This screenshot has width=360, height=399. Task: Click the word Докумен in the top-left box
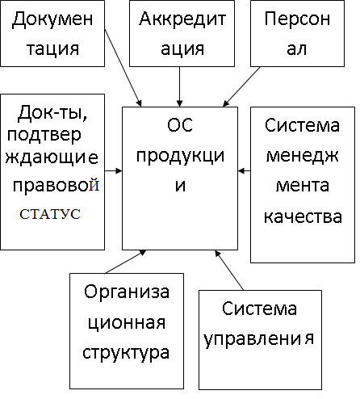coord(52,19)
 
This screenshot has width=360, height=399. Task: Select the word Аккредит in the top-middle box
coord(182,19)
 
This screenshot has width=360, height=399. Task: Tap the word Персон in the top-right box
coord(297,19)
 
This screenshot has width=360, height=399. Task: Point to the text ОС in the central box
coord(180,125)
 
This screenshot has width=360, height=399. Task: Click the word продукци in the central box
coord(180,156)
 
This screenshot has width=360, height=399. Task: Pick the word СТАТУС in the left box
coord(50,214)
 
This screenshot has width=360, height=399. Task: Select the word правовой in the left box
coord(57,185)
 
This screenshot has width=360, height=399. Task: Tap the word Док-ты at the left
coord(52,113)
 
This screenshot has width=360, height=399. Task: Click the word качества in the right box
coord(303,216)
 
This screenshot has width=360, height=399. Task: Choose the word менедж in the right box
coord(302,156)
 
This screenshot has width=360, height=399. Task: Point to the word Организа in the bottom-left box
coord(127,292)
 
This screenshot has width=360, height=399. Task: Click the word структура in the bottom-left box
coord(126,353)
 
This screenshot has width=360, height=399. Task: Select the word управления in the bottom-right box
coord(258,338)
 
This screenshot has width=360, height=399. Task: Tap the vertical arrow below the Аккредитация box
coord(179,86)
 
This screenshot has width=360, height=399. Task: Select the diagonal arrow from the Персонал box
coord(241,86)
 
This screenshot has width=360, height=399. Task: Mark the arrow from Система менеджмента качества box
coord(245,170)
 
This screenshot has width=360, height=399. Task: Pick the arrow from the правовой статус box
coord(113,170)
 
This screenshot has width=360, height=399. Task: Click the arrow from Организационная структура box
coord(126,262)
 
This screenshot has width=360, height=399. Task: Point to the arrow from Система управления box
coord(229,270)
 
